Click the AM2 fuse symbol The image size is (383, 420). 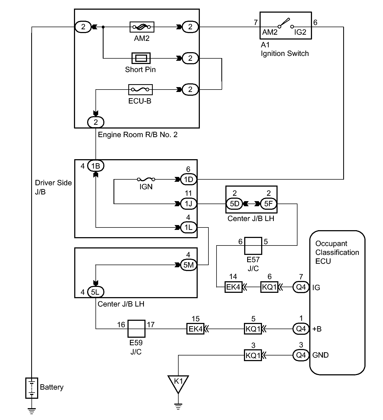point(142,27)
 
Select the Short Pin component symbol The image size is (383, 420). point(141,58)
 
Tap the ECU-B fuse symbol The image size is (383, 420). point(140,90)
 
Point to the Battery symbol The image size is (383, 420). point(32,388)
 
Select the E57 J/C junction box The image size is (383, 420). point(253,246)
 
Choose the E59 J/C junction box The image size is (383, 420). point(136,329)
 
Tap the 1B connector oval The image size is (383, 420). point(96,166)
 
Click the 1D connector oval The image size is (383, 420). point(189,179)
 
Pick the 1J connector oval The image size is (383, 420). point(189,204)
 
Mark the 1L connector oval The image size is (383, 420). point(189,227)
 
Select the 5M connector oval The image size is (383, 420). point(189,265)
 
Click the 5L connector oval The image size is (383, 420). point(96,292)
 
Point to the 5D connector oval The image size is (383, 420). point(234,204)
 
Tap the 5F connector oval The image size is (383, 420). point(268,204)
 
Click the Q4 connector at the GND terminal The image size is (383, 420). point(301,355)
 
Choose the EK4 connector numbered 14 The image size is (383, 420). point(233,287)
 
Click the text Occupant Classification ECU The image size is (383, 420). point(337,252)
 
